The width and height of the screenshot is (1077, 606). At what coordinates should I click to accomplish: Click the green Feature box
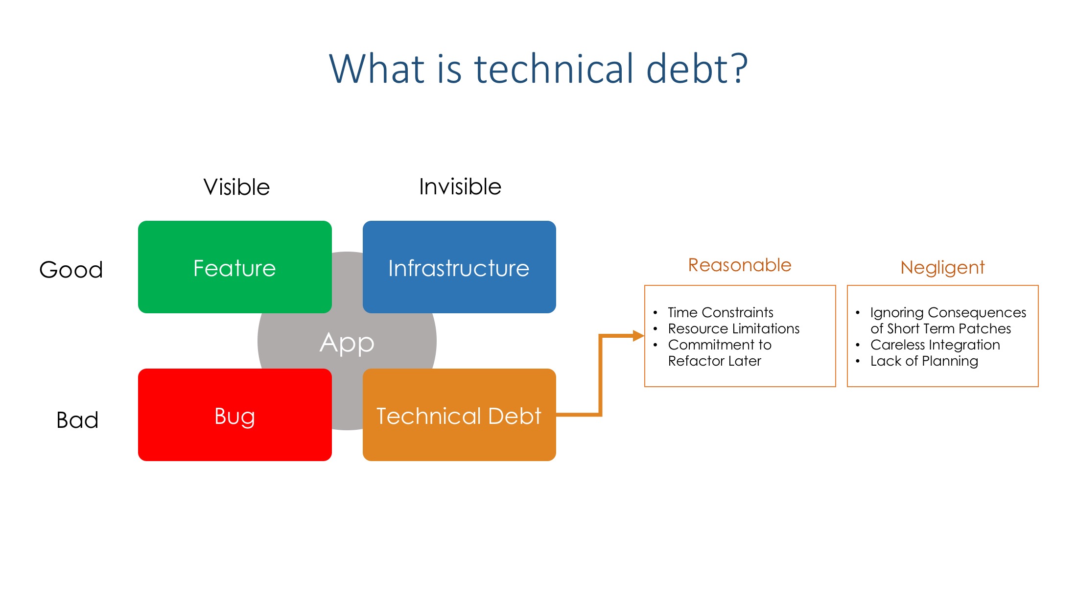coord(235,267)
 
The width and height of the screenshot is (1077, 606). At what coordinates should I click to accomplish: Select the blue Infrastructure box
coord(459,267)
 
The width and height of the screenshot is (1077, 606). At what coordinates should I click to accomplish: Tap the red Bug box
coord(235,415)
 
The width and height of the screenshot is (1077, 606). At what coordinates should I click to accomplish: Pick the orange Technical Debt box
coord(459,415)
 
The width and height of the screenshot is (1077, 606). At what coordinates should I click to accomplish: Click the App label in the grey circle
coord(347,343)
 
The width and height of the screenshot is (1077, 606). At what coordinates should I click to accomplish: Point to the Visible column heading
coord(236,187)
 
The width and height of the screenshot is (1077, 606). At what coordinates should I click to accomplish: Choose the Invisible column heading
coord(460,186)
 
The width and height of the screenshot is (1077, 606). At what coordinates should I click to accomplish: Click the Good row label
coord(71,269)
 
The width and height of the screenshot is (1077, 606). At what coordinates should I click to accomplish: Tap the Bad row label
coord(77,420)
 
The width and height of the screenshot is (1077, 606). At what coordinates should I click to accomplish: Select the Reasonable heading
coord(740,265)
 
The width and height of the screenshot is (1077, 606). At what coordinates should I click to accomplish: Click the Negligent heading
coord(942,268)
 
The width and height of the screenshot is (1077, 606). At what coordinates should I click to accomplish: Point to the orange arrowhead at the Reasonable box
coord(638,336)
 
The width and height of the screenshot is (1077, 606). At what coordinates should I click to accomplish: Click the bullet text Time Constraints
coord(721,312)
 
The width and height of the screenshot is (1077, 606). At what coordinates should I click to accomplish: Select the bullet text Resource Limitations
coord(734,328)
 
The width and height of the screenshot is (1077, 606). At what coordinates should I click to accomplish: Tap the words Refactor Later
coord(715,361)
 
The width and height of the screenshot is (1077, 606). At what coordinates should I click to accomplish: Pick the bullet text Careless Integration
coord(935,345)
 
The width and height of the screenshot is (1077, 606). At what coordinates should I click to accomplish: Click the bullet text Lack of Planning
coord(924,361)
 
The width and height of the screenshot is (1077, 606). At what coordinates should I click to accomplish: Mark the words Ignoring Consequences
coord(948,313)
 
